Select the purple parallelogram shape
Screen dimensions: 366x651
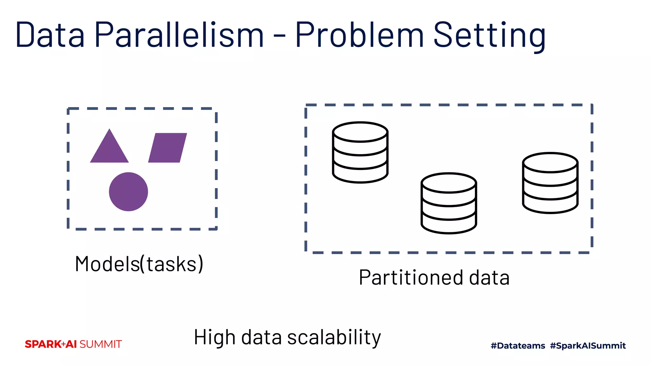point(168,148)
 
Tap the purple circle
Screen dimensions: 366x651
point(128,192)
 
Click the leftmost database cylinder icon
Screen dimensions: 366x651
point(360,152)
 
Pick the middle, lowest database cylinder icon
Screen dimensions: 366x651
point(449,203)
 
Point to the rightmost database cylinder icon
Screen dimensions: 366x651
point(550,183)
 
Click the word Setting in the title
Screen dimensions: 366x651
point(490,35)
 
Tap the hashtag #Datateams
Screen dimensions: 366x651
point(518,346)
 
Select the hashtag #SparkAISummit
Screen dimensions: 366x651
point(588,346)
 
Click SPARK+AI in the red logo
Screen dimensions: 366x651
point(51,344)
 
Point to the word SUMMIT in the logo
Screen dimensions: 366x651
point(100,344)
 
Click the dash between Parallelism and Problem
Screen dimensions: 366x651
point(279,36)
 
